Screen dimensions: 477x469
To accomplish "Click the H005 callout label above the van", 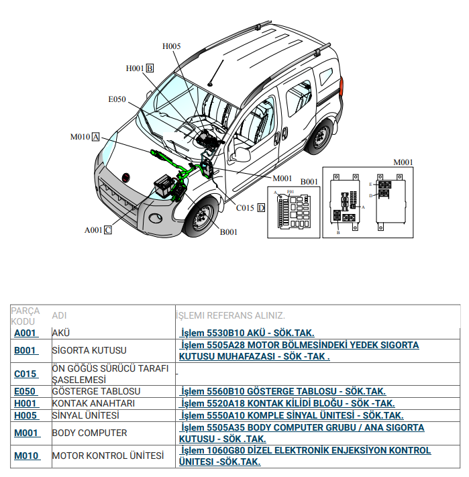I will coord(172,46).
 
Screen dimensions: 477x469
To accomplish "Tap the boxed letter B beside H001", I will coord(150,68).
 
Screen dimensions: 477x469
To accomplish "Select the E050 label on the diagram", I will coord(117,99).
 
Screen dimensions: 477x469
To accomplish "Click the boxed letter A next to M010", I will coord(95,137).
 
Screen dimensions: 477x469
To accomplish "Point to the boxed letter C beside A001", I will coord(107,229).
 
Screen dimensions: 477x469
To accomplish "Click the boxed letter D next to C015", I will coord(261,208).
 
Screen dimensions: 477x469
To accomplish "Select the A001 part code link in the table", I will coord(25,333).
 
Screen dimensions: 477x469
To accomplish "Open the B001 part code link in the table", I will coord(25,350).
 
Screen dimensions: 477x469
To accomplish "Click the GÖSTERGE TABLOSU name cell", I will coord(96,391).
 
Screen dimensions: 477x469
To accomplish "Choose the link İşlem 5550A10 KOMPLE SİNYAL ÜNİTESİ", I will coord(292,415).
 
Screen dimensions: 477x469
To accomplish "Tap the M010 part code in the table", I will coord(26,456).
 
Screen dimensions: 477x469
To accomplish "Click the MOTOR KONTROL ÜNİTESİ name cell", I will coord(107,456).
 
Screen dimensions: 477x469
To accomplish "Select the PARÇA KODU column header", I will coord(25,316).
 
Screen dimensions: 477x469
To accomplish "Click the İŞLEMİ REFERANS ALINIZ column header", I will coord(231,315).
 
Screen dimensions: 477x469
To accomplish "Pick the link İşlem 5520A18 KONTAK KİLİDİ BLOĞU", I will coord(288,403).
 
